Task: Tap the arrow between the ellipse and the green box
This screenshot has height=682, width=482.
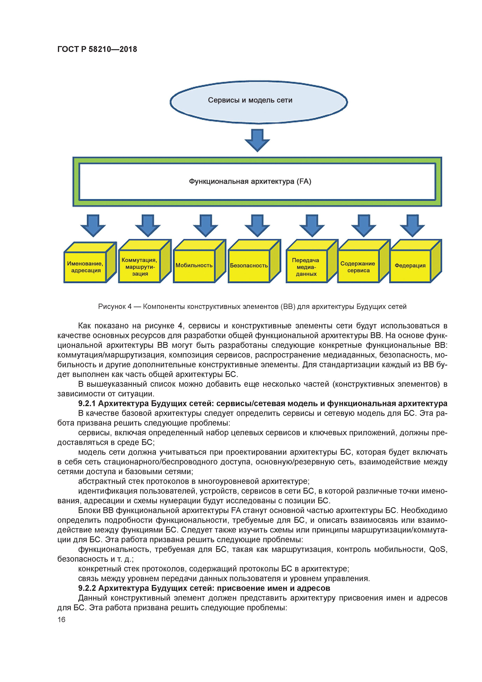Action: [257, 140]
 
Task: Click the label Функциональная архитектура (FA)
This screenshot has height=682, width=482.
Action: [250, 182]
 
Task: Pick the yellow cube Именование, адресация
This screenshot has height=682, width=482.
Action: [86, 267]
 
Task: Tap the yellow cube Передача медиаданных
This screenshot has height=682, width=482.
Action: [306, 267]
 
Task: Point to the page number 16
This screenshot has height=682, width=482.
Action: [61, 619]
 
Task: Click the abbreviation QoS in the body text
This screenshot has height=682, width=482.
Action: [438, 549]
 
